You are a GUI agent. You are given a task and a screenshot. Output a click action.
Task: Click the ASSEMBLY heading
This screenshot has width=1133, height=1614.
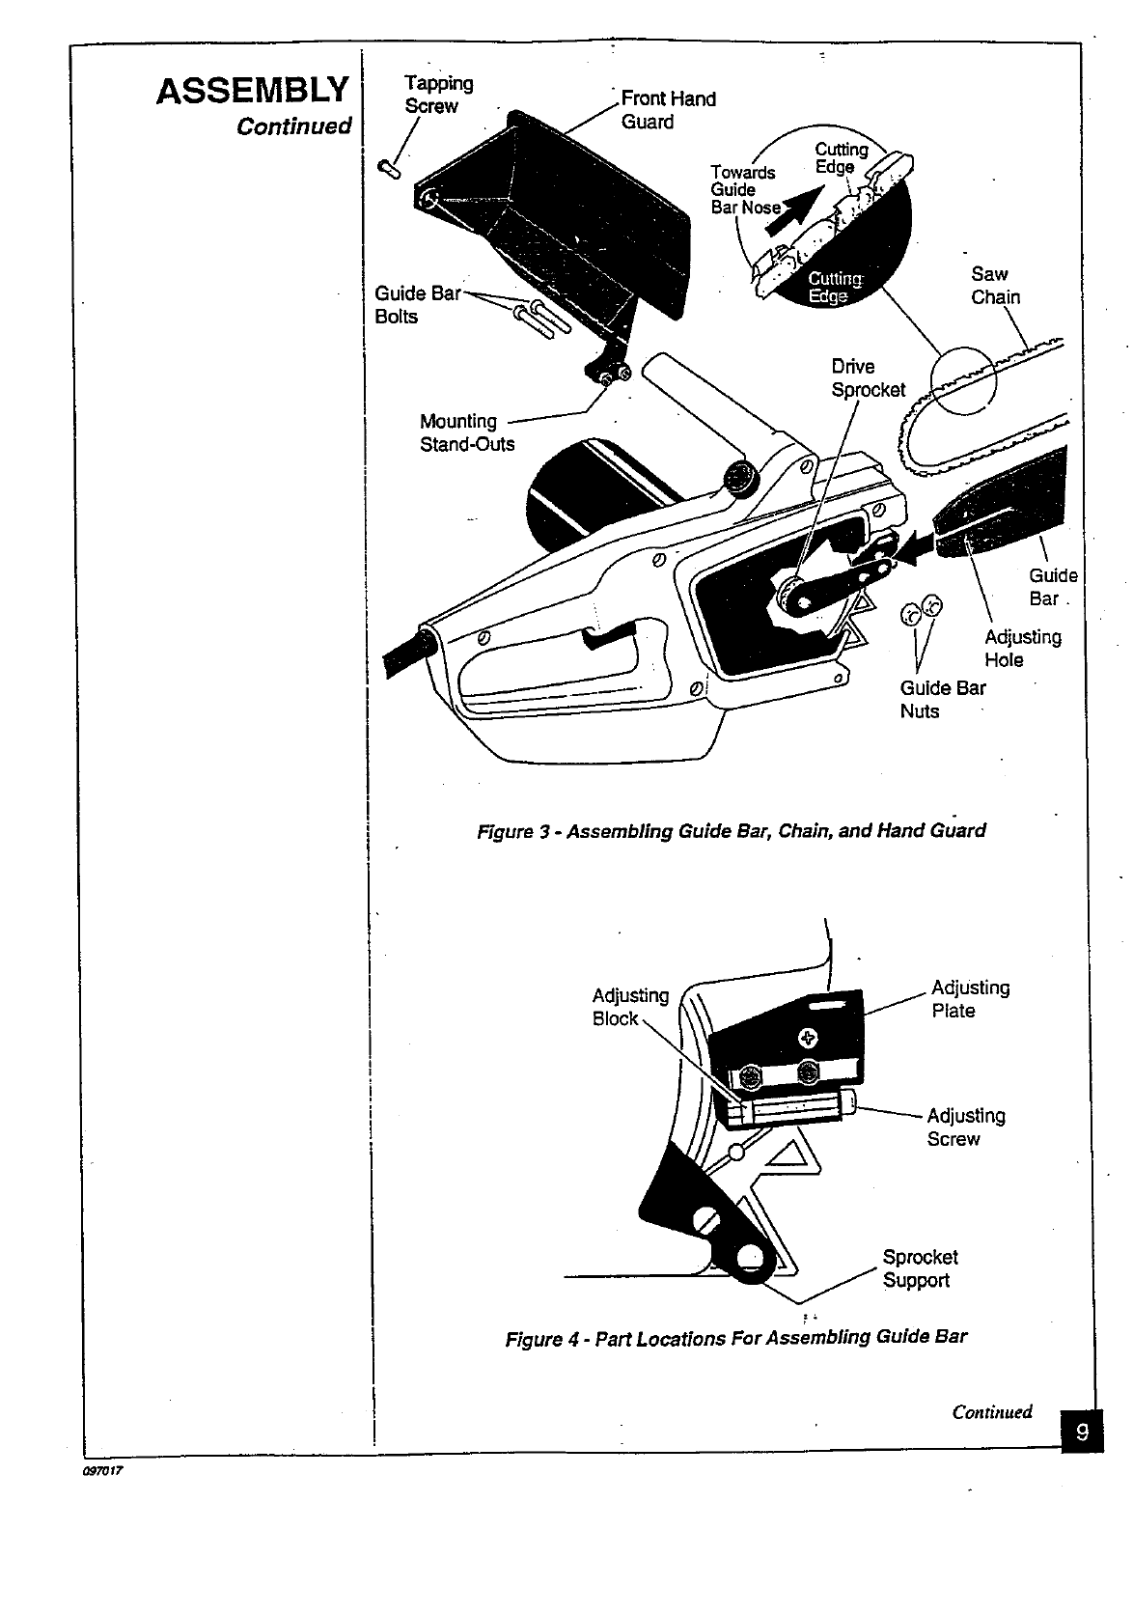tap(252, 91)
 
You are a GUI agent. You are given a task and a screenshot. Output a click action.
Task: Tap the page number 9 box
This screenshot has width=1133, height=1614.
tap(1082, 1433)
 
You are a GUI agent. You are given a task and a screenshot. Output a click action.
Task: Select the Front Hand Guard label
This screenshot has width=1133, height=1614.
tap(668, 110)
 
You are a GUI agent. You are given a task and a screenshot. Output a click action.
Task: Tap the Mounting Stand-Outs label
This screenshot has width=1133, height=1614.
tap(467, 432)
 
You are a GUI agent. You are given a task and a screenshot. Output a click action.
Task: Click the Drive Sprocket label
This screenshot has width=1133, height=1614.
tap(868, 377)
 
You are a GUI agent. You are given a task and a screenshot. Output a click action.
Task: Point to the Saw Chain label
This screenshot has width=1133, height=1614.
tap(995, 286)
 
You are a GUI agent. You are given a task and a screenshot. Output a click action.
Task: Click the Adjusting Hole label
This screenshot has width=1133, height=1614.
tap(1022, 649)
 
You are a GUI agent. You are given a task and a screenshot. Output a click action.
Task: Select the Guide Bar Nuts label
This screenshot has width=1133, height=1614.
tap(942, 699)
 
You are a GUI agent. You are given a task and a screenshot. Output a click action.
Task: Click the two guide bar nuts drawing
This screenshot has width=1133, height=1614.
tap(920, 610)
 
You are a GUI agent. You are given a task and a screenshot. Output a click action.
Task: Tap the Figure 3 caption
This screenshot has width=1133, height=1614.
tap(732, 830)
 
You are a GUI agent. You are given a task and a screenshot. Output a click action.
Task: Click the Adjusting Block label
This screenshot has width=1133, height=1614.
tap(629, 1007)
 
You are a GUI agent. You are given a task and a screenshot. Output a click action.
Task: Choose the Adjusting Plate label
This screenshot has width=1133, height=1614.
tap(970, 999)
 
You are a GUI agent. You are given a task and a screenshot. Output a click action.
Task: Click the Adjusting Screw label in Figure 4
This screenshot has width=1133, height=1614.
tap(965, 1127)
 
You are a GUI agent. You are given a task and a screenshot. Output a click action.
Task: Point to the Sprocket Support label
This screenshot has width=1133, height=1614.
tap(920, 1268)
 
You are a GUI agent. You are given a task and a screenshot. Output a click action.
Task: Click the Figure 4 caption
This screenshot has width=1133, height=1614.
tap(735, 1338)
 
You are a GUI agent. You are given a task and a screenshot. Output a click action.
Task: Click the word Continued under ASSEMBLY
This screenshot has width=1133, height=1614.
tap(293, 126)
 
